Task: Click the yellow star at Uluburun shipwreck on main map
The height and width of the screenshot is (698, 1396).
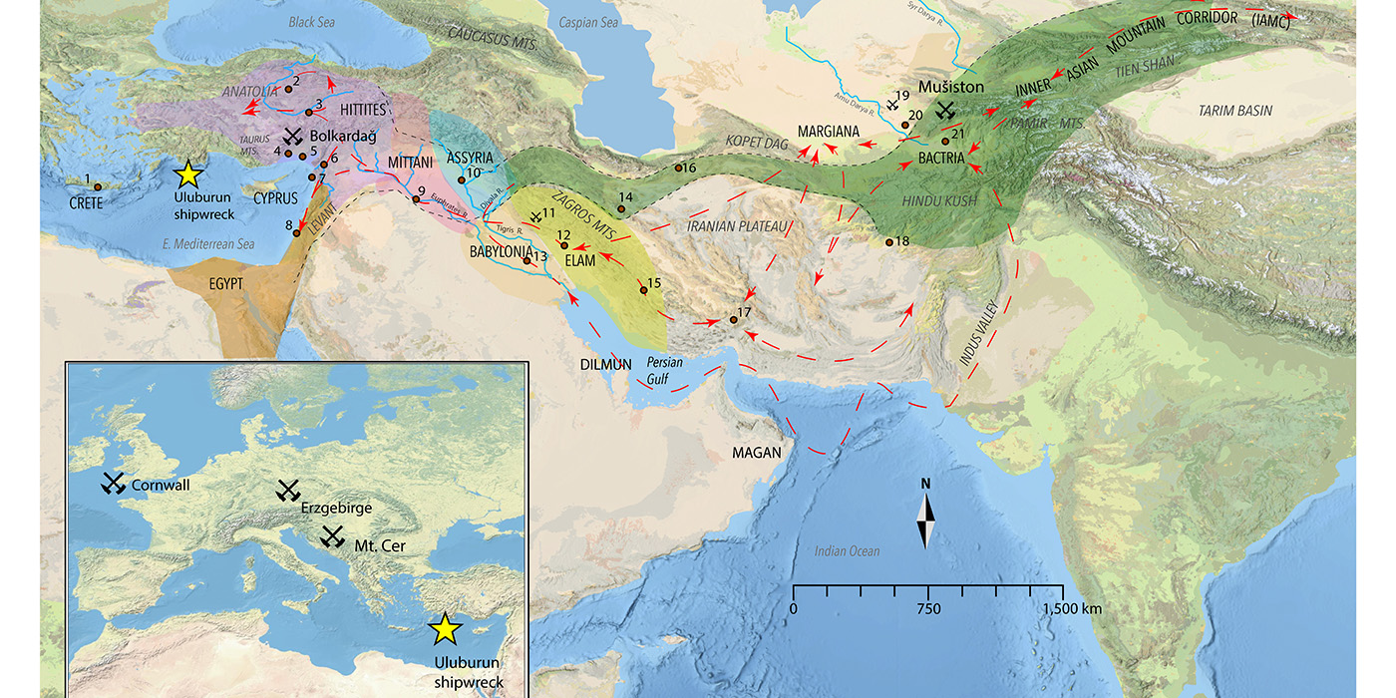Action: pos(187,174)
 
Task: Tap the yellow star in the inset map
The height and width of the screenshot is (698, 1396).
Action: pos(445,628)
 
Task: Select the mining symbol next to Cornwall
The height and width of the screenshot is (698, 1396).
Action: pos(113,484)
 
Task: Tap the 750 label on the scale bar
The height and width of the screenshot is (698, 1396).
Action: pos(928,608)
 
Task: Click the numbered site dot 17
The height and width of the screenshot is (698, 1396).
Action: pos(734,319)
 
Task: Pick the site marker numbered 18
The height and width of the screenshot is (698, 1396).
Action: pos(887,241)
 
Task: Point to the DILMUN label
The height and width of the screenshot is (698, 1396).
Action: pos(606,364)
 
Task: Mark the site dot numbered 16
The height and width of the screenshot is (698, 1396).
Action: pos(678,168)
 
